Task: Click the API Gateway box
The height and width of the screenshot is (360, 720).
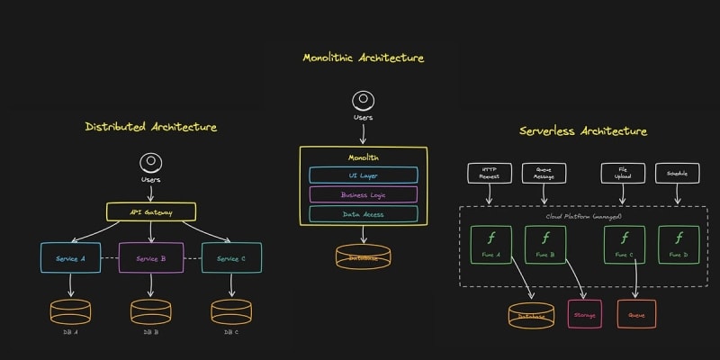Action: click(x=151, y=213)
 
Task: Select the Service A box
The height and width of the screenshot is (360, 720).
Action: click(x=70, y=258)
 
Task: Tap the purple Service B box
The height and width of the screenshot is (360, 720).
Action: click(x=151, y=258)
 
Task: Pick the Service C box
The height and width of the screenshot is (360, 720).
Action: click(x=231, y=258)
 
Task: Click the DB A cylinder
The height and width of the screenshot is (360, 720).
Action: click(x=70, y=311)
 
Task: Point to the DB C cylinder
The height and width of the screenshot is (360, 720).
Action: click(x=231, y=311)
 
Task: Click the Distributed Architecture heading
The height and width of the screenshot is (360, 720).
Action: click(x=151, y=127)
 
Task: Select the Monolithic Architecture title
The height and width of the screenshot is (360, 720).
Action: click(x=363, y=58)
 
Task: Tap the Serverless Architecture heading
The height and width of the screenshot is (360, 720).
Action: click(x=583, y=131)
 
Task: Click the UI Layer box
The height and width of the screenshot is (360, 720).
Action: click(x=364, y=175)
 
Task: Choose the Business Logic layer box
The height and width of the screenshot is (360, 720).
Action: click(x=364, y=194)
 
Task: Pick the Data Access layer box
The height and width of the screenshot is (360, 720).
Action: click(x=364, y=214)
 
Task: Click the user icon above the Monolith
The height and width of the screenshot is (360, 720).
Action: click(x=364, y=101)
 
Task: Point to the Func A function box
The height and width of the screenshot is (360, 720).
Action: click(x=491, y=244)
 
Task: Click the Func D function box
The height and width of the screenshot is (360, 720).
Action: click(x=679, y=244)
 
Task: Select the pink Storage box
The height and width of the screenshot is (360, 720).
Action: click(x=584, y=314)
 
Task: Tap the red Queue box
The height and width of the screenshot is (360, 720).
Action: click(x=636, y=314)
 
